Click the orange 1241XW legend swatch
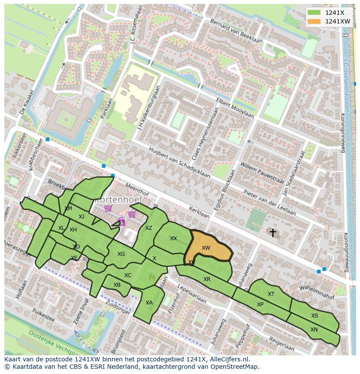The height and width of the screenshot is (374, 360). point(314,21)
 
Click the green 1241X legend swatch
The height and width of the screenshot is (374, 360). point(314,13)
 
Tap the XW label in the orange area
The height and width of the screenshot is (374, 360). point(206,248)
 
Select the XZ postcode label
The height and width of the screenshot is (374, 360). point(149,228)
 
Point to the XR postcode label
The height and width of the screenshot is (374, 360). point(207,279)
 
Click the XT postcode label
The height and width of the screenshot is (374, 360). point(271,294)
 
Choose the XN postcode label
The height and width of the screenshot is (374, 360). point(314,330)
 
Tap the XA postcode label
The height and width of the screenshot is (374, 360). point(149,303)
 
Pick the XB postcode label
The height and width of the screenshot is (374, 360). point(117,285)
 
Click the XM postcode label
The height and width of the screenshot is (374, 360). point(68,209)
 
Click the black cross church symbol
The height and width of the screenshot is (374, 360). point(273,233)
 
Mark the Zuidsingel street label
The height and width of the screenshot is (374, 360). point(118,306)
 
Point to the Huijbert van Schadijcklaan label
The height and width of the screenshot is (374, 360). point(179,162)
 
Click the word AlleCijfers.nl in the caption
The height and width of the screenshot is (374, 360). point(234,359)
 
